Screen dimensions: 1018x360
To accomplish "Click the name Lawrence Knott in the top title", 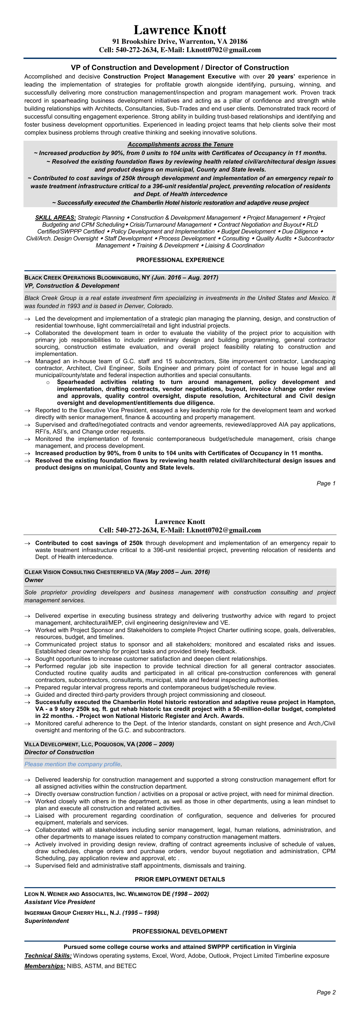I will tap(180, 30).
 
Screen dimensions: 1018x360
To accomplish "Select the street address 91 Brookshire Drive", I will tap(145, 42).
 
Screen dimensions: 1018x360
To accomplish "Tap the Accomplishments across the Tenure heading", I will tap(180, 145).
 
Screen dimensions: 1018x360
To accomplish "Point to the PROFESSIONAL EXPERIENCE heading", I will tap(180, 260).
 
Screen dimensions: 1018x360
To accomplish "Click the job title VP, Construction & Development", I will tap(72, 286).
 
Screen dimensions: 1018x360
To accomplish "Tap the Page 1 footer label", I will tap(326, 483).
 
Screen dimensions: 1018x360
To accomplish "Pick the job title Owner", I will tap(34, 580).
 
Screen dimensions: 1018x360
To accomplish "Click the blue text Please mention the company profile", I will tap(72, 764).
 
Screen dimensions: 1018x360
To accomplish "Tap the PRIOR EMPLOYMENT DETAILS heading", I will tap(180, 879).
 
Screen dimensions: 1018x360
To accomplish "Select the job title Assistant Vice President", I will tap(60, 902).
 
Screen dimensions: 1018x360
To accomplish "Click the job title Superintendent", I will tap(47, 921).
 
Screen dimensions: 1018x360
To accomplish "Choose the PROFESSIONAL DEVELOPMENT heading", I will tap(180, 931).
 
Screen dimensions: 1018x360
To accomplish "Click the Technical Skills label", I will tap(48, 956).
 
